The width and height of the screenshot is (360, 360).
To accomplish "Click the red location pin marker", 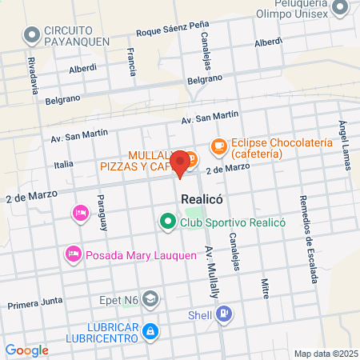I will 182,162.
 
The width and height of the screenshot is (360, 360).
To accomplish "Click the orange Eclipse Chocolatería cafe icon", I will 218,146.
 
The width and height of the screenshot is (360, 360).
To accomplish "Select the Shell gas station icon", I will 226,313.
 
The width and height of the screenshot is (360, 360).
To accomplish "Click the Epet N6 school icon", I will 151,298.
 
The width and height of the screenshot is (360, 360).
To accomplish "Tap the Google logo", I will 26,350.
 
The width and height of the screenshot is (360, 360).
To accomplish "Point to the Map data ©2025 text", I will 325,354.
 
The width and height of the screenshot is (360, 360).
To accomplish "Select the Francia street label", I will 131,61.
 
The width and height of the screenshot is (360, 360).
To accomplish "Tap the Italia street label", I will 63,163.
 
